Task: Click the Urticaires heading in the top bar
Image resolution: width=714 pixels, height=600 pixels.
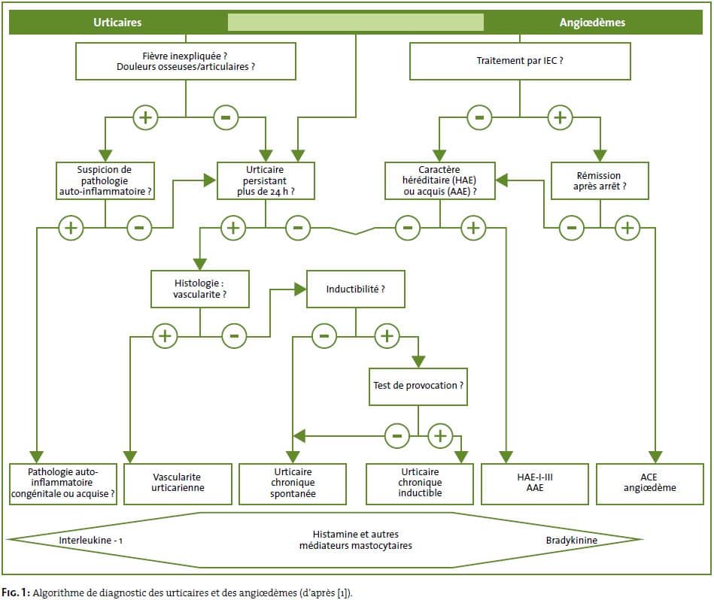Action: tap(117, 23)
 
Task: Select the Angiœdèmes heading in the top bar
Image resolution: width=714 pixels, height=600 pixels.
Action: tap(592, 23)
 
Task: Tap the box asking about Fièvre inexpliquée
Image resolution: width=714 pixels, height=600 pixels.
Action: tap(185, 60)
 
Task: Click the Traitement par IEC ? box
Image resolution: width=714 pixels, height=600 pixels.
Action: tap(520, 60)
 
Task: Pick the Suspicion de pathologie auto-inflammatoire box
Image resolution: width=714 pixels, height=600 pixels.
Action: tap(105, 180)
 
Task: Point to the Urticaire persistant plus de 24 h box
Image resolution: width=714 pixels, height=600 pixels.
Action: tap(266, 180)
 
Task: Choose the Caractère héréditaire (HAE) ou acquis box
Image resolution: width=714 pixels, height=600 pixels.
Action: tap(440, 180)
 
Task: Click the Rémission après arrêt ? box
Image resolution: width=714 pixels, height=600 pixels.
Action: tap(600, 180)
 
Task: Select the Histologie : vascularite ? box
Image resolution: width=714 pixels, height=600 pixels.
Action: tap(199, 289)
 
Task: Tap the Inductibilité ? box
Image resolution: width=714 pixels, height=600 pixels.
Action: tap(355, 289)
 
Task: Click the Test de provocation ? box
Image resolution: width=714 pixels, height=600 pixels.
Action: tap(418, 386)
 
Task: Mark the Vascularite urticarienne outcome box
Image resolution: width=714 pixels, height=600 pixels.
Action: tap(177, 483)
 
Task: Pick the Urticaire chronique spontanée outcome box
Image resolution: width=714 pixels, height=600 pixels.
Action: tap(293, 483)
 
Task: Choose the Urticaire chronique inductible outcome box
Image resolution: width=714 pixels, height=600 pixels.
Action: tap(420, 483)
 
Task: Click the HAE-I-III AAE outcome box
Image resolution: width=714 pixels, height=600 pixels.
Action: tap(535, 483)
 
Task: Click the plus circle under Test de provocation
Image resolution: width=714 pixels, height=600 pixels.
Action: tap(439, 435)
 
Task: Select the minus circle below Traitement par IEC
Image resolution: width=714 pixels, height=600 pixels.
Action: tap(479, 117)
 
